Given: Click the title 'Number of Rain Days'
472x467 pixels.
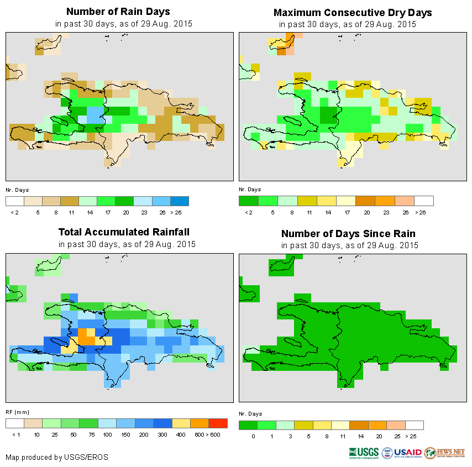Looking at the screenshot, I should [x=118, y=12].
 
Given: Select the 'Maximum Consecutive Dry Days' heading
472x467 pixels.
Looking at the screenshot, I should [x=353, y=12].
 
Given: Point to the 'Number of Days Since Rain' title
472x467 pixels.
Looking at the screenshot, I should [x=348, y=233].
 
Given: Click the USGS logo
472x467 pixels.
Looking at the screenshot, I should [x=363, y=453].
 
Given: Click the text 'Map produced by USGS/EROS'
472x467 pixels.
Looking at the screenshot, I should [x=57, y=457].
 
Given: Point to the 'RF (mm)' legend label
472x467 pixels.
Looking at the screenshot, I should [x=17, y=412].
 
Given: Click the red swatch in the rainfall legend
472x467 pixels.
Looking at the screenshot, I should [x=218, y=423].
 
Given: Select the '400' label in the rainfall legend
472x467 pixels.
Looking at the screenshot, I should [x=181, y=435].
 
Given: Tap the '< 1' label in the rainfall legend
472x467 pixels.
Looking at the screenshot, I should [x=15, y=435].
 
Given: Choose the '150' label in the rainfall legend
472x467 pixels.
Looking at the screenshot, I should [x=126, y=435].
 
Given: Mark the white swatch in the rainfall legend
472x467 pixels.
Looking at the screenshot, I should [x=15, y=423].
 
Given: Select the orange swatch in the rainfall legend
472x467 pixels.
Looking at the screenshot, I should [x=200, y=423].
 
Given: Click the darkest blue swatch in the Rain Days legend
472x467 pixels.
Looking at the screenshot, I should [x=180, y=201].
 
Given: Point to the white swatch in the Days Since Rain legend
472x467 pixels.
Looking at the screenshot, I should [x=415, y=425].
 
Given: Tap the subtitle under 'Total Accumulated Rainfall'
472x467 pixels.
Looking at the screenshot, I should [x=127, y=244].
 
